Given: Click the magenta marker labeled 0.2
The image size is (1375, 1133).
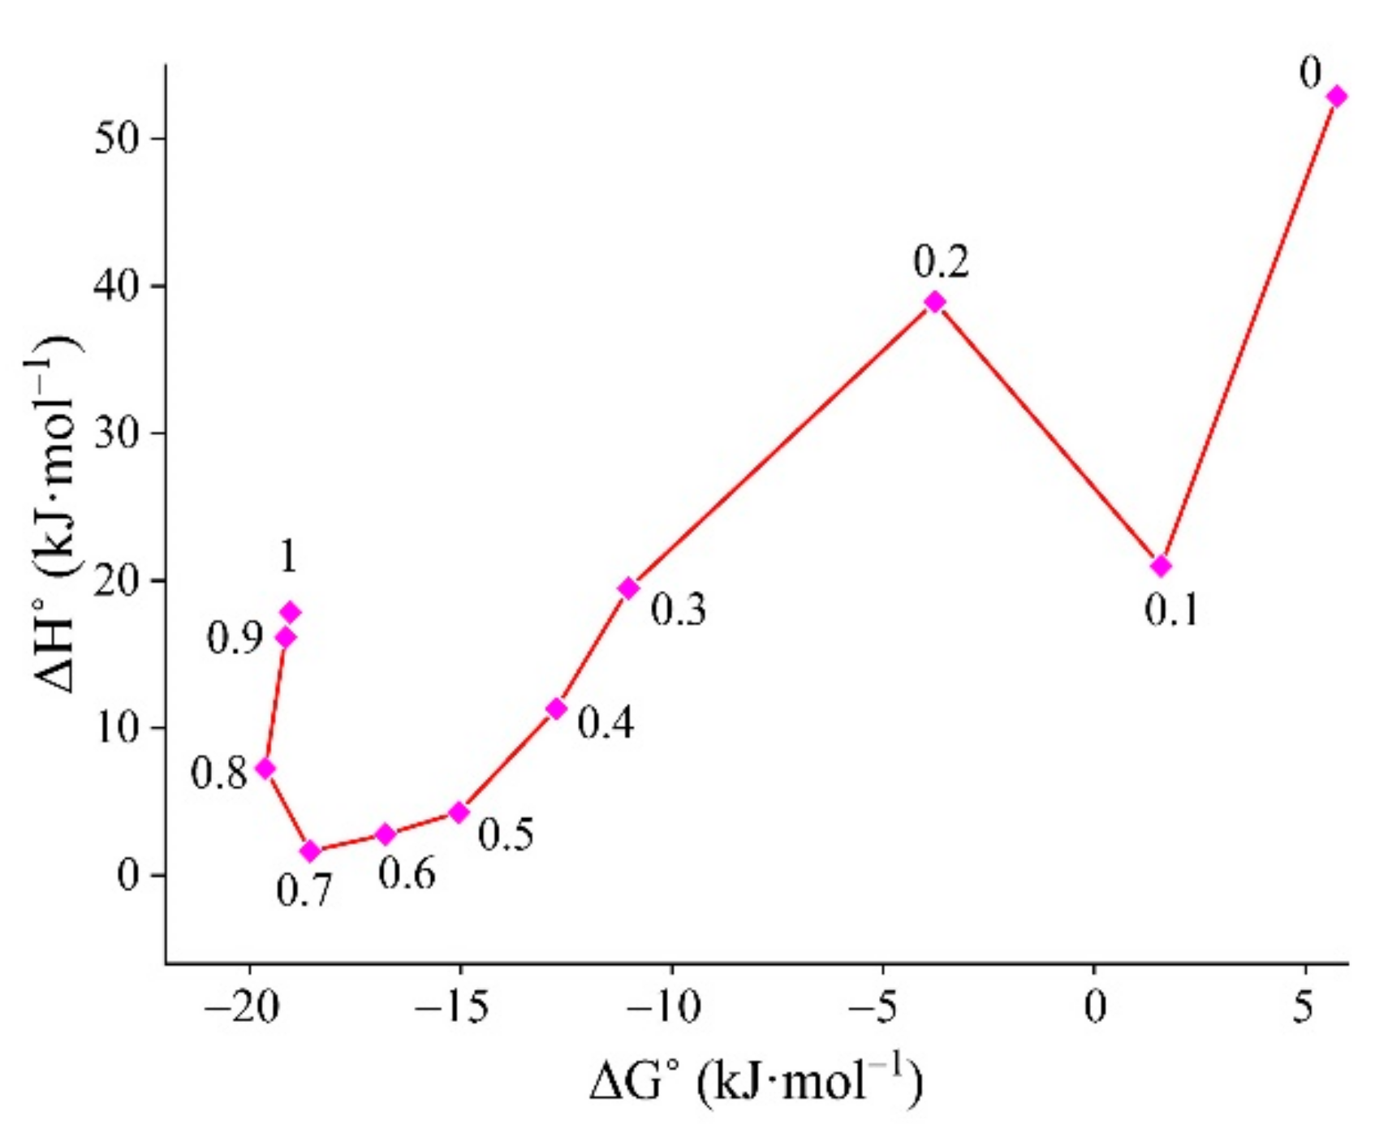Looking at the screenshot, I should [935, 303].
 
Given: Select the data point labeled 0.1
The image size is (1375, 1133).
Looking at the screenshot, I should [1161, 566].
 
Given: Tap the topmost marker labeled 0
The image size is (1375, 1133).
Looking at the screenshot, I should [1336, 97].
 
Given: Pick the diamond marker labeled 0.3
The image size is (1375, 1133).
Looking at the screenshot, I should [628, 588].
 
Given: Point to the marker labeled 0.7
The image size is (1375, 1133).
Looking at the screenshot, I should [310, 851].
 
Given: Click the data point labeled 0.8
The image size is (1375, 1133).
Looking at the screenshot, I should [265, 769].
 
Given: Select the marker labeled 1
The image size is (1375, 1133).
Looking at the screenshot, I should [290, 612].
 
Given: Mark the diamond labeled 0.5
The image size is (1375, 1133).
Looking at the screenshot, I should [459, 812].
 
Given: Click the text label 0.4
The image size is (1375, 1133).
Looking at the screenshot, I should [606, 722].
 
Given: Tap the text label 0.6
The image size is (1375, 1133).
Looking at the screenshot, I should [407, 874].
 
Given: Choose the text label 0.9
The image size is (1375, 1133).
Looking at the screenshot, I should [235, 639].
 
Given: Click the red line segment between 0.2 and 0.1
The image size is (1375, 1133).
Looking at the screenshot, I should [1048, 434].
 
